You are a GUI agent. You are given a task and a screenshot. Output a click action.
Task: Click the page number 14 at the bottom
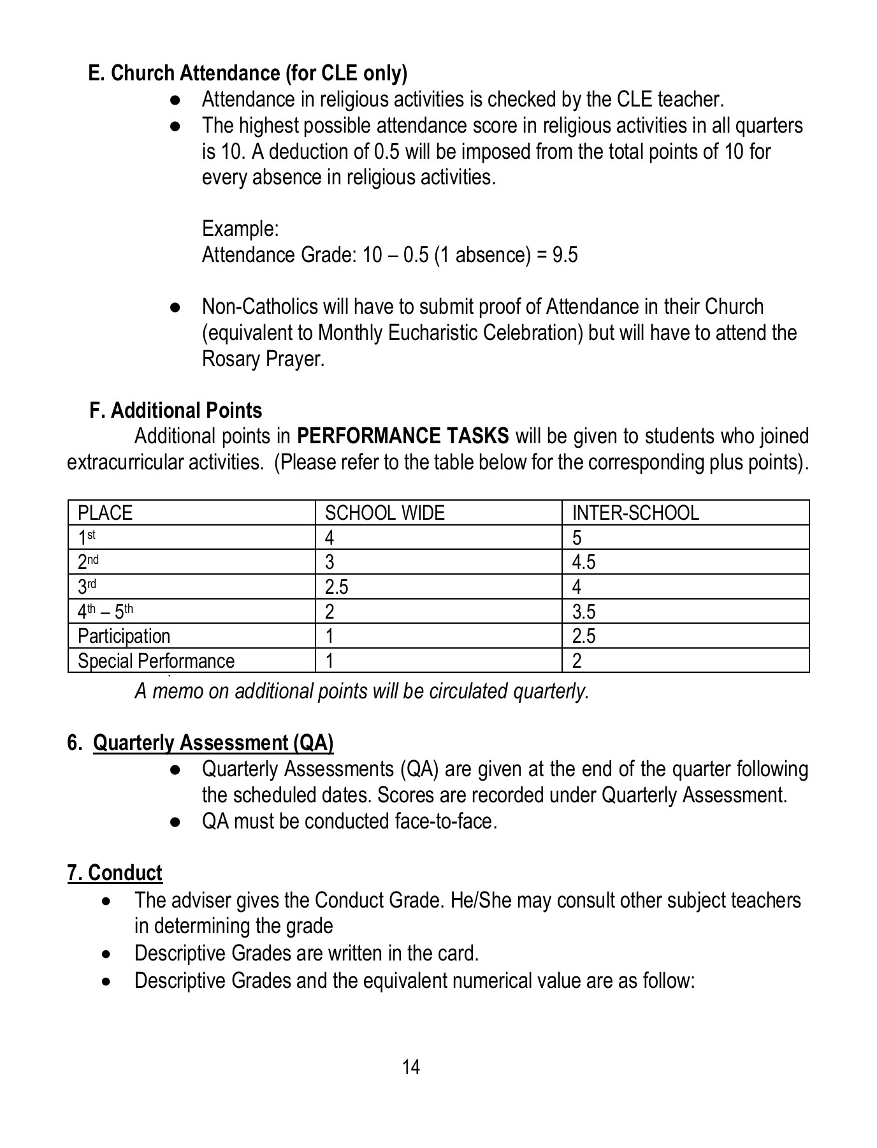click(411, 1067)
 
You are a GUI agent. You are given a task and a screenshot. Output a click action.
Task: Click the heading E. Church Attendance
click(247, 73)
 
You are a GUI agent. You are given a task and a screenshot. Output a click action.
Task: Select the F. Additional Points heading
click(176, 410)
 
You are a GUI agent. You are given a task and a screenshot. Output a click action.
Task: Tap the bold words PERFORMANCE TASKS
click(403, 436)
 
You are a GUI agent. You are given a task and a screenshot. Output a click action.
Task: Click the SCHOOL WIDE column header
click(384, 513)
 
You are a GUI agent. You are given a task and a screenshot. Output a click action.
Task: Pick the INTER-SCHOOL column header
click(635, 513)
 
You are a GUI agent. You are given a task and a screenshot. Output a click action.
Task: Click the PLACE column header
click(105, 513)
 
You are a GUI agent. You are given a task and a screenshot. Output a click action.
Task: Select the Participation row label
click(124, 636)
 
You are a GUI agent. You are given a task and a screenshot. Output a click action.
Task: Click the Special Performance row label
click(156, 661)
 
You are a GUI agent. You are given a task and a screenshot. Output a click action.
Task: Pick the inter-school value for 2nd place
click(583, 563)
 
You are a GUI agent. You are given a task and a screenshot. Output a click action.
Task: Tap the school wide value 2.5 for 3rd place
click(336, 587)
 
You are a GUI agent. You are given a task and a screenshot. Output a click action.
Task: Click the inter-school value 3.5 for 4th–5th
click(583, 612)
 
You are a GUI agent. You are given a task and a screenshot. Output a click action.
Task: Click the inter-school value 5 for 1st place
click(577, 538)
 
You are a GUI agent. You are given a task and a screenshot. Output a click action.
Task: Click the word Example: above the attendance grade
click(240, 228)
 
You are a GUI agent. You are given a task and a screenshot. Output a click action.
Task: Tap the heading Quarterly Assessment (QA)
click(213, 743)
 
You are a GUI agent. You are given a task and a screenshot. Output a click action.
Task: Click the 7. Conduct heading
click(115, 872)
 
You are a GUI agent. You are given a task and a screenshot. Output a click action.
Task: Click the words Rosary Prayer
click(263, 359)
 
